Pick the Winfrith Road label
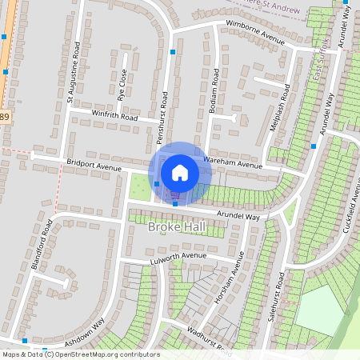pyautogui.click(x=115, y=118)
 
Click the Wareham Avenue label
pyautogui.click(x=233, y=165)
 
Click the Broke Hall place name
pyautogui.click(x=178, y=227)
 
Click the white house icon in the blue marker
pyautogui.click(x=180, y=171)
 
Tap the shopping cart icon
pyautogui.click(x=174, y=194)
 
